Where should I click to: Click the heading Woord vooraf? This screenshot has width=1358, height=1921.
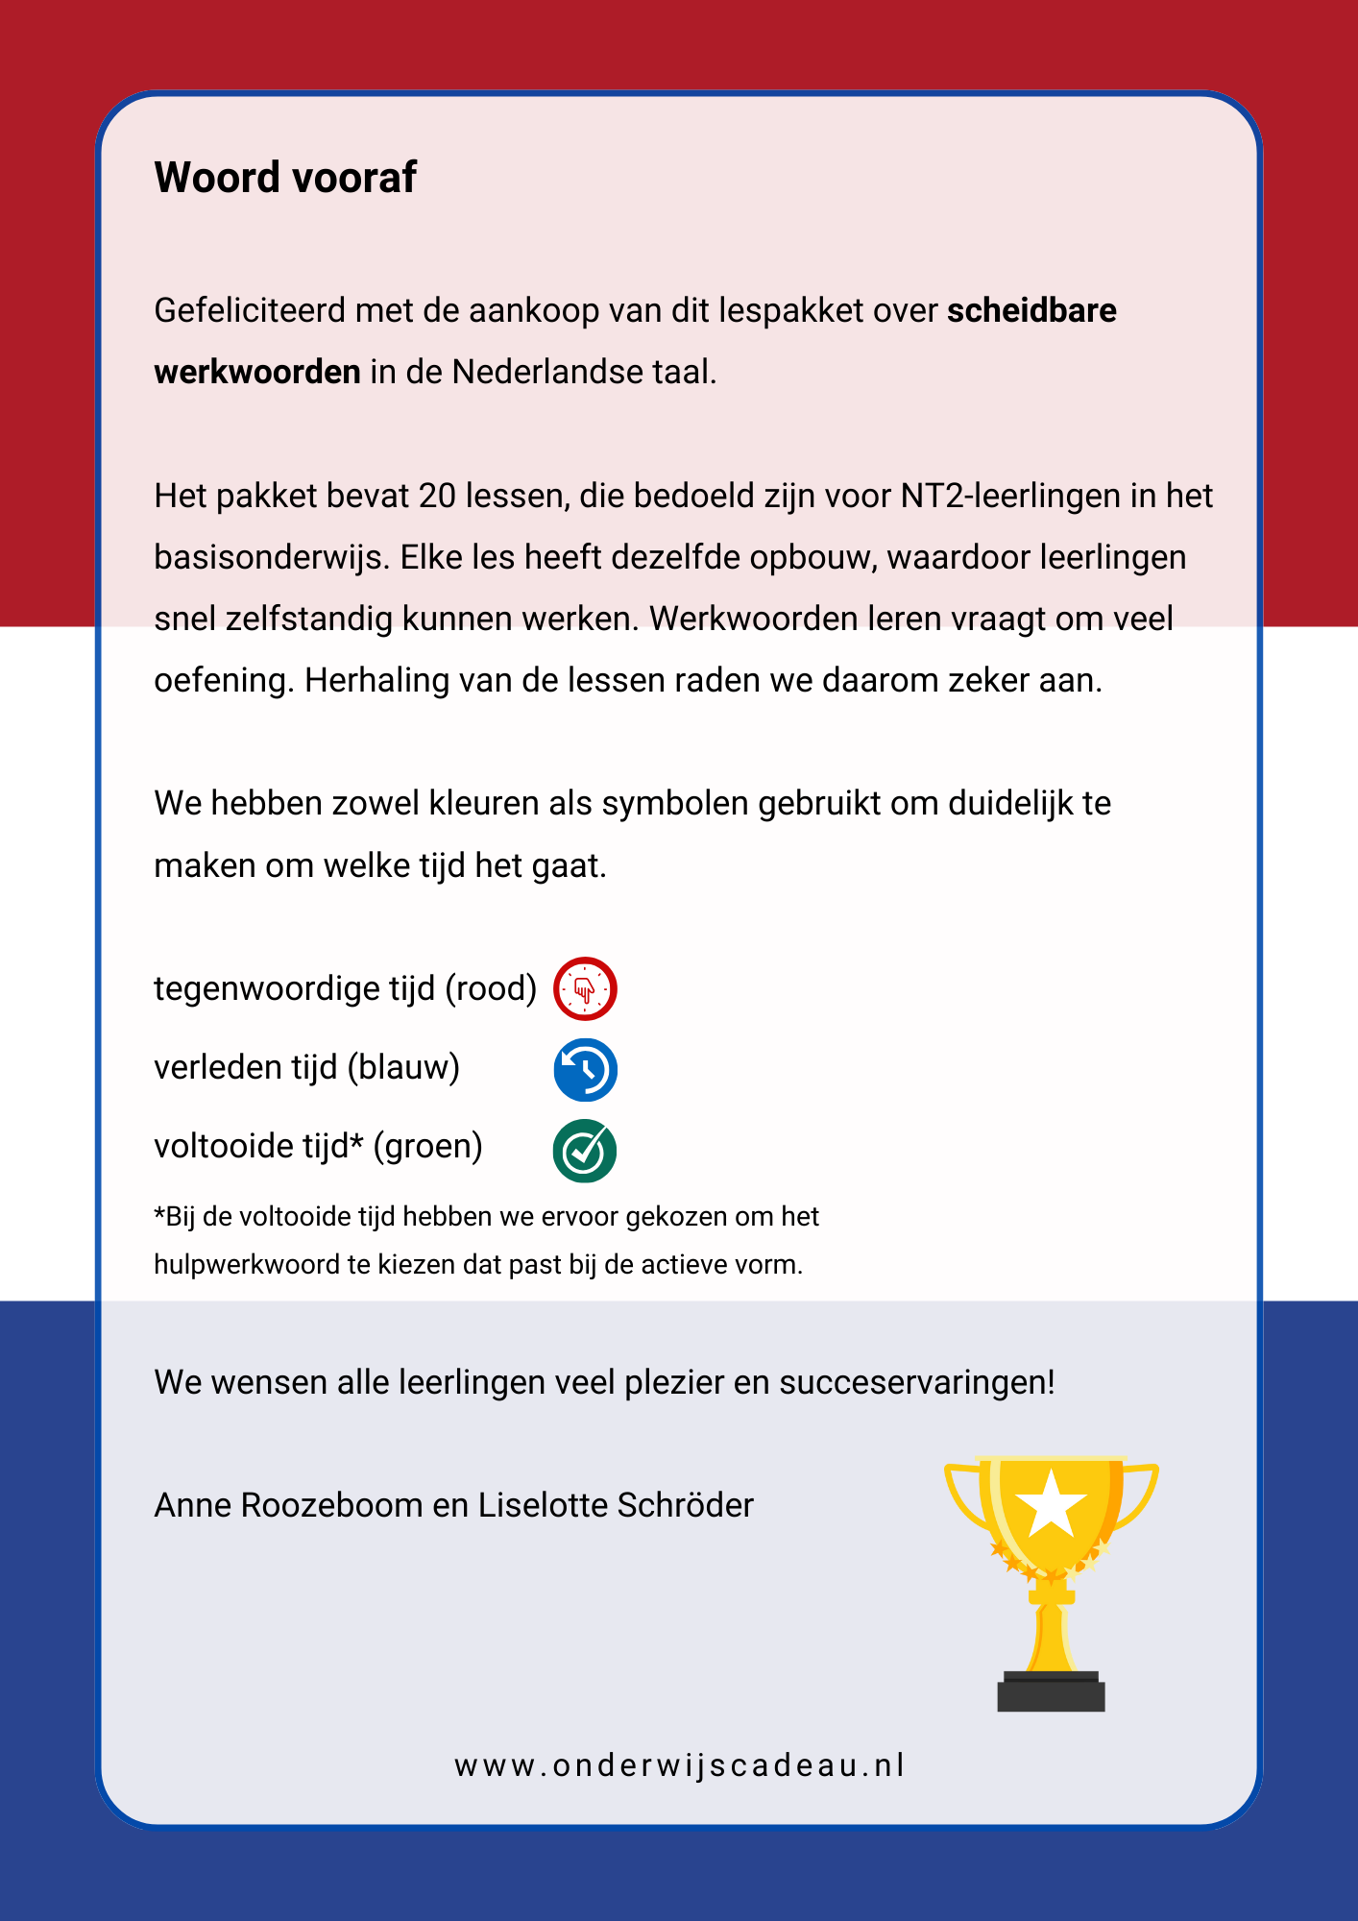[x=285, y=178]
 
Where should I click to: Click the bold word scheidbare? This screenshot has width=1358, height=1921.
[x=1031, y=311]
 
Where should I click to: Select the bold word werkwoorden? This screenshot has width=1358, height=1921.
[x=257, y=372]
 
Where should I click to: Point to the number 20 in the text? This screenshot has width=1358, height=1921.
[x=437, y=497]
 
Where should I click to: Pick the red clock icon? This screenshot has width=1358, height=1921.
[x=585, y=988]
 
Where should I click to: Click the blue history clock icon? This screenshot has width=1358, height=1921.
[x=585, y=1069]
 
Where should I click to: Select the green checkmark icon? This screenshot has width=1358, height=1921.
[x=585, y=1150]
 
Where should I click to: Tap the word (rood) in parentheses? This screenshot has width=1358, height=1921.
[x=490, y=988]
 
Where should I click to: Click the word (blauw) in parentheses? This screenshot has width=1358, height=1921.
[x=403, y=1067]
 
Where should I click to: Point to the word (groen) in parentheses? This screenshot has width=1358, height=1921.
[x=427, y=1146]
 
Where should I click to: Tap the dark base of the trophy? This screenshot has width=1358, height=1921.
[x=1051, y=1692]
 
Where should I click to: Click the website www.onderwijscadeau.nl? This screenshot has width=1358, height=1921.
[x=679, y=1765]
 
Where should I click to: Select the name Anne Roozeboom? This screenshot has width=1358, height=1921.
[x=288, y=1505]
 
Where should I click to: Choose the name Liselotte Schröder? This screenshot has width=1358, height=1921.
[x=616, y=1505]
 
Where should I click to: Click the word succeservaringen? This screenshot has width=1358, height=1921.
[x=916, y=1382]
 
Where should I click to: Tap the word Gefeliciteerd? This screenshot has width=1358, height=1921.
[x=249, y=311]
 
